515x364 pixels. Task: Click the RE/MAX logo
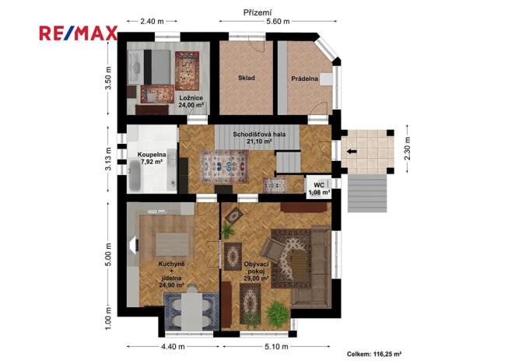click(79, 33)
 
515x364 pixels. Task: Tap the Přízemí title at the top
click(257, 12)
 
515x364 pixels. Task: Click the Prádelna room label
click(305, 79)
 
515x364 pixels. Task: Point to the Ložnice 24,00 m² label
click(191, 101)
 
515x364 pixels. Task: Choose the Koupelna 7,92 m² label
click(152, 159)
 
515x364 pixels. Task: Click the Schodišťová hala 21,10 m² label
click(251, 138)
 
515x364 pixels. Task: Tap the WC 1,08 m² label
click(319, 187)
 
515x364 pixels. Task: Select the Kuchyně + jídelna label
click(171, 275)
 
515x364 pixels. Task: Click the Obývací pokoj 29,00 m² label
click(256, 272)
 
